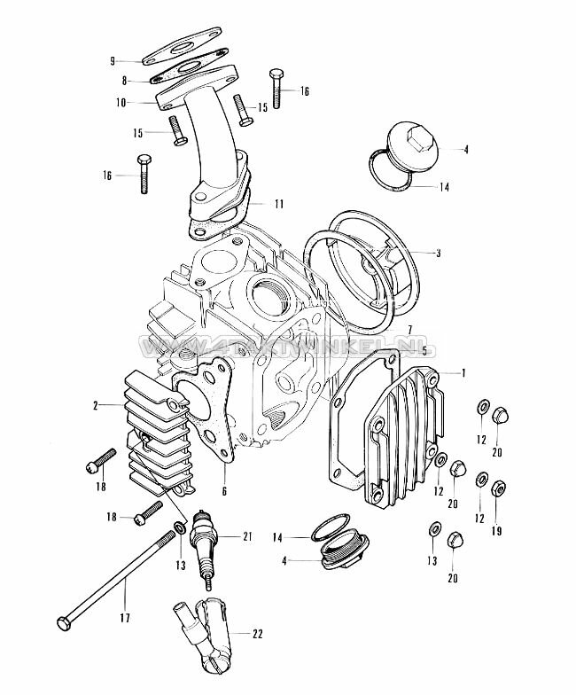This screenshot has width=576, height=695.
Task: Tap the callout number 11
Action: pos(279,204)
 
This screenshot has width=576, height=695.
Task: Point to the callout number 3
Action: pos(437,252)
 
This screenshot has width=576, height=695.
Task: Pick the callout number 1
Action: pos(462,373)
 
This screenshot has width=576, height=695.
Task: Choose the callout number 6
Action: pos(225,491)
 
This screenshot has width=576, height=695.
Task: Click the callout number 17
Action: pos(125,617)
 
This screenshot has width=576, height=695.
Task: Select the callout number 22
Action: pos(258,634)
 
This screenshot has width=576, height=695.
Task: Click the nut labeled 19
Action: pos(497,488)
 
